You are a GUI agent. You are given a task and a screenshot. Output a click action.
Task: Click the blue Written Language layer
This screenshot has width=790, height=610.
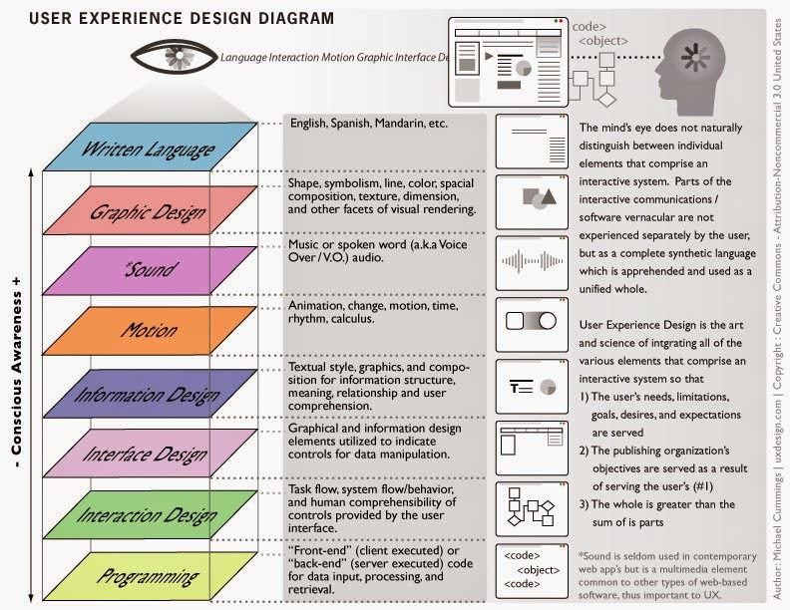(151, 147)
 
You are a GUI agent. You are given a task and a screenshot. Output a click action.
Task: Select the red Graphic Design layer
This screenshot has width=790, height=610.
(151, 210)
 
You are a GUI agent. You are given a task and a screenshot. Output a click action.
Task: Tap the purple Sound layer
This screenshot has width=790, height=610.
(151, 270)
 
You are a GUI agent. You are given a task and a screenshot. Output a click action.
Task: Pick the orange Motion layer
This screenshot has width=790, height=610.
(151, 331)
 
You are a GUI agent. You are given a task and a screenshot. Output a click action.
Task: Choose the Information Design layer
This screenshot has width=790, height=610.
(151, 393)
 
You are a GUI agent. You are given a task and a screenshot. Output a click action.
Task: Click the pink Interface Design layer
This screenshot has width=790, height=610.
(151, 453)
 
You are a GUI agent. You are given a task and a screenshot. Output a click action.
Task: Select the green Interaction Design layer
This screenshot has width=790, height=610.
(151, 514)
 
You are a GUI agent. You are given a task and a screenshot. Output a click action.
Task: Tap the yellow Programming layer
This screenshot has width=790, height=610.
(151, 576)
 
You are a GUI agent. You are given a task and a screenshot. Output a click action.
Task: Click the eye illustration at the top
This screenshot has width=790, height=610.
(175, 57)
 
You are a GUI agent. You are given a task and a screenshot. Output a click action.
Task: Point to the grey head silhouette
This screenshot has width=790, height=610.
(690, 71)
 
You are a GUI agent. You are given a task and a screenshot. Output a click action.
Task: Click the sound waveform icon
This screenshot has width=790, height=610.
(532, 262)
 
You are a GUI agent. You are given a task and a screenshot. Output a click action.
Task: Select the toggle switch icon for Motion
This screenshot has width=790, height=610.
(531, 321)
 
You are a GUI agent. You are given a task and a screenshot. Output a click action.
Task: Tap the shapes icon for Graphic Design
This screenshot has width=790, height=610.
(539, 198)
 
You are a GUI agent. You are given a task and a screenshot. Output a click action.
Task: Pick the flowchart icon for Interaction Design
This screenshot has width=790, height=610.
(531, 506)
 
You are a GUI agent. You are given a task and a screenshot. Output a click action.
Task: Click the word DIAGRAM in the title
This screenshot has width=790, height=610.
(296, 18)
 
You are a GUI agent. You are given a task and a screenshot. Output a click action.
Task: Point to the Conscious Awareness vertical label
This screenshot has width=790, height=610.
(17, 372)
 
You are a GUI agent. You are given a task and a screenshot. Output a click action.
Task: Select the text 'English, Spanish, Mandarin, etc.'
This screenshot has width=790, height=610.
(369, 124)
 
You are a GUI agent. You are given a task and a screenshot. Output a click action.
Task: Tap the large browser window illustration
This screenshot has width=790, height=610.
(509, 62)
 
